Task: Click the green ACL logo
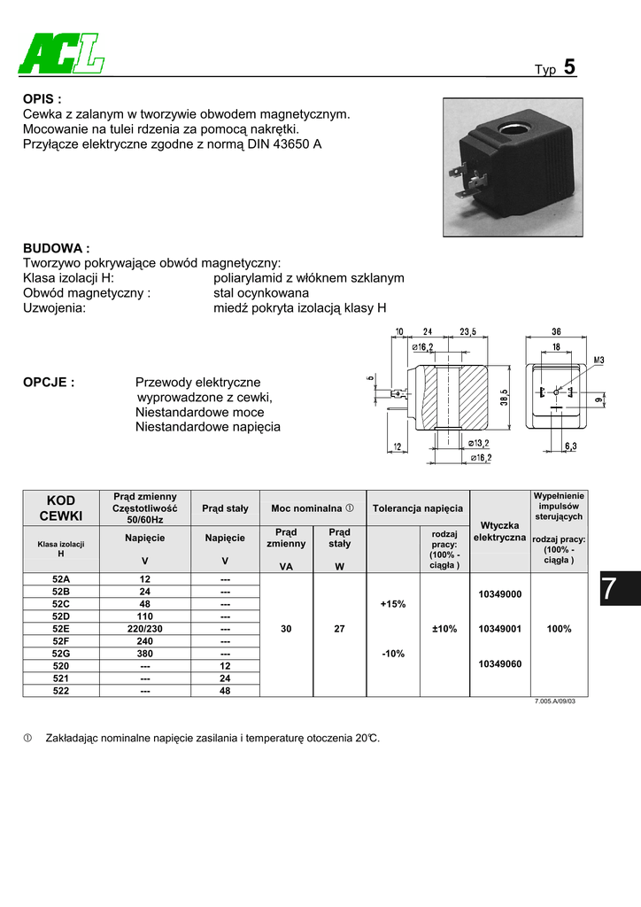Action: [x=60, y=55]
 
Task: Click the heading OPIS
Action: [x=42, y=99]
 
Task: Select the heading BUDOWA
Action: [x=56, y=249]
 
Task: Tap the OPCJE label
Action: [x=48, y=383]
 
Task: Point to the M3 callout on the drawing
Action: [x=598, y=360]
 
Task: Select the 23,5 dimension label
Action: [x=467, y=332]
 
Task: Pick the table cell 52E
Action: [x=61, y=629]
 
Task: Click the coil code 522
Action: [x=61, y=690]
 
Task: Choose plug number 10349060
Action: [x=499, y=663]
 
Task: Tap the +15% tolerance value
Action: [x=392, y=604]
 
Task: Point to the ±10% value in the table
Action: [x=444, y=629]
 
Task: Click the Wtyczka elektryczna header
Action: [x=499, y=531]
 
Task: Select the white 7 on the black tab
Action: [x=608, y=589]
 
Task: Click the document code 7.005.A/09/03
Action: [x=555, y=702]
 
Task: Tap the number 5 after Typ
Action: [x=568, y=67]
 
